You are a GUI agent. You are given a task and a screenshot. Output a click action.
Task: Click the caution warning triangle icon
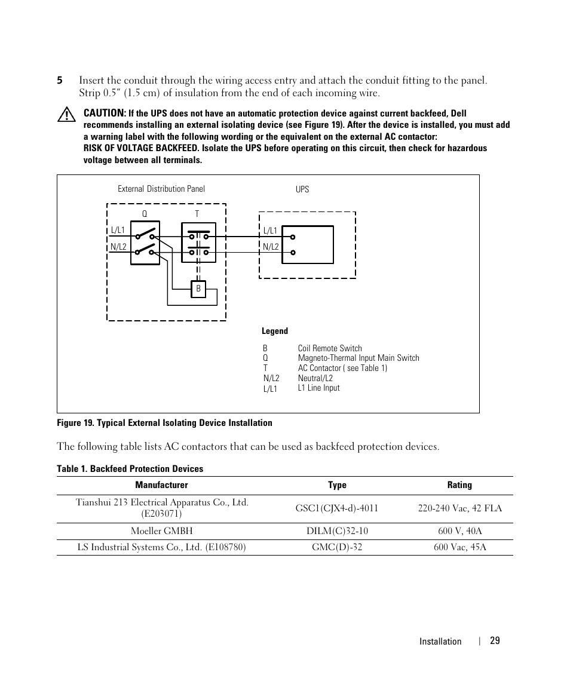point(66,115)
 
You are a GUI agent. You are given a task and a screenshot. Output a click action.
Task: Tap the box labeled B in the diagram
point(198,289)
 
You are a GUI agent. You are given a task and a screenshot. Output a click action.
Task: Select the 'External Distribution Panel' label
point(161,189)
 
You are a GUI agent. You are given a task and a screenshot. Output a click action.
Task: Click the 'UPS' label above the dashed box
point(302,189)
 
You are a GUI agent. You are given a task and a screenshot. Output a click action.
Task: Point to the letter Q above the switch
point(144,214)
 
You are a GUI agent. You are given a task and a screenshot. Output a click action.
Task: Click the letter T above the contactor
point(197,214)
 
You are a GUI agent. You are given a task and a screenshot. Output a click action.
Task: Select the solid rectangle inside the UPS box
point(307,244)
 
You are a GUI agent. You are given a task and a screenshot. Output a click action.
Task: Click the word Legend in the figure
point(275,331)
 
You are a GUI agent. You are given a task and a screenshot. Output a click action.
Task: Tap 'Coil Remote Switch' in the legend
point(330,348)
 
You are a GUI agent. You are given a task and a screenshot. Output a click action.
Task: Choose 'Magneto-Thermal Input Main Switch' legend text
point(358,358)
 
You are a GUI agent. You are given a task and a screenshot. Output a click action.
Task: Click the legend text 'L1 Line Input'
point(318,388)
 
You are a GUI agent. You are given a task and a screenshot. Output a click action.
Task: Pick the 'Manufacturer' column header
point(161,485)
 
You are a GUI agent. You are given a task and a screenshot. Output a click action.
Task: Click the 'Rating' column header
point(459,485)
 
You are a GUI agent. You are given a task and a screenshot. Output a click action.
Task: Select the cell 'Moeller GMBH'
point(162,530)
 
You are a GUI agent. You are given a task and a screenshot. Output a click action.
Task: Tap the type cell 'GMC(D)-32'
point(337,547)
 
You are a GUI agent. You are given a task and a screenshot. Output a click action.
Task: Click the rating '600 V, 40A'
point(459,530)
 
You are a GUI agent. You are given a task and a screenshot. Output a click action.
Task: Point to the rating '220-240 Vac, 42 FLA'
point(459,508)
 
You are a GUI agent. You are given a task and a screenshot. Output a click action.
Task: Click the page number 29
point(495,640)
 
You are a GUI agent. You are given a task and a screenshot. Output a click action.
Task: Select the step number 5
point(60,81)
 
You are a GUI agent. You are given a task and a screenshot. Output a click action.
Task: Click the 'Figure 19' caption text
point(164,423)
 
